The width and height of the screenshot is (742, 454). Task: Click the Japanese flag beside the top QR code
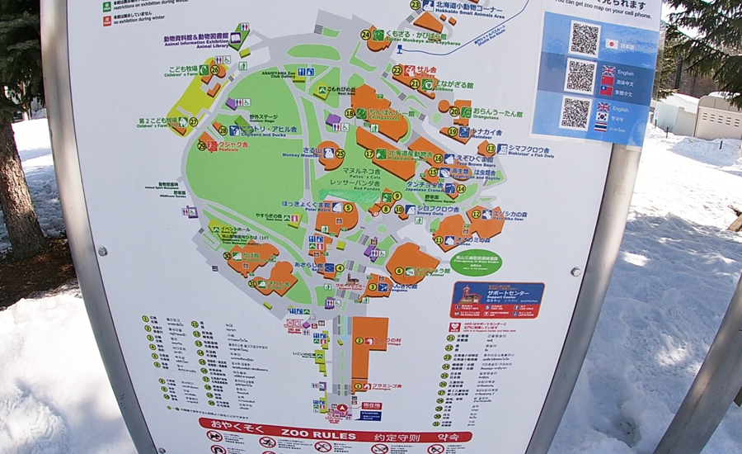pyautogui.click(x=611, y=44)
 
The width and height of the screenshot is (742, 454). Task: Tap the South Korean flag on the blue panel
pyautogui.click(x=601, y=117)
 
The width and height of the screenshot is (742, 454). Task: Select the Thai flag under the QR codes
pyautogui.click(x=601, y=128)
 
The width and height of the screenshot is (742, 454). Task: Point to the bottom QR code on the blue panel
pyautogui.click(x=575, y=113)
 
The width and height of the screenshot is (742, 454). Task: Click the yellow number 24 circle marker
pyautogui.click(x=365, y=35)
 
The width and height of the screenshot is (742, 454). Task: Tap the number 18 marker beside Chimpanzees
pyautogui.click(x=350, y=113)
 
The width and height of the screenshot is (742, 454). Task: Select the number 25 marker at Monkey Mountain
pyautogui.click(x=340, y=153)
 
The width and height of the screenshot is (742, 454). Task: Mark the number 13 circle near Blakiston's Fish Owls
pyautogui.click(x=490, y=149)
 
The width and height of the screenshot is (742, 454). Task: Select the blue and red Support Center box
pyautogui.click(x=497, y=300)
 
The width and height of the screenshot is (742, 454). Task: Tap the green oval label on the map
pyautogui.click(x=476, y=262)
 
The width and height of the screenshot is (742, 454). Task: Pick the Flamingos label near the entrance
pyautogui.click(x=386, y=385)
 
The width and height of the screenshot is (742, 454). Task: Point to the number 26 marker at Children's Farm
pyautogui.click(x=215, y=70)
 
